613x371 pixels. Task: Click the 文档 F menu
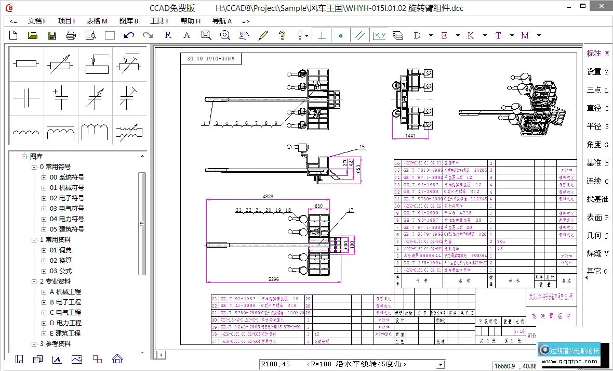[x=37, y=21]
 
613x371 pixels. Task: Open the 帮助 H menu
[x=190, y=21]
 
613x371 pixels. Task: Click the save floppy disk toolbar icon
[x=52, y=35]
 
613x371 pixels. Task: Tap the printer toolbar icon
[x=71, y=35]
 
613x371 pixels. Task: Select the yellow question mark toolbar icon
[x=282, y=35]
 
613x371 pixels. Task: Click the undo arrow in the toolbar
[x=129, y=35]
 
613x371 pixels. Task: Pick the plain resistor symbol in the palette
[x=26, y=64]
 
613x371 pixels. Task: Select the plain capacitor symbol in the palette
[x=26, y=98]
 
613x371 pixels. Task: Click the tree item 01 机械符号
[x=67, y=188]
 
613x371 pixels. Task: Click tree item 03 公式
[x=61, y=271]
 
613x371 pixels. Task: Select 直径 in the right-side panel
[x=597, y=108]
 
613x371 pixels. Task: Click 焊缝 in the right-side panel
[x=597, y=253]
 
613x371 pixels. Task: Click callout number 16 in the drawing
[x=362, y=147]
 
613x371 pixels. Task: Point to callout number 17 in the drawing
[x=351, y=210]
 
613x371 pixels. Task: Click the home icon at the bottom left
[x=117, y=359]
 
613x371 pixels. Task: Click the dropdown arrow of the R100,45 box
[x=441, y=365]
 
